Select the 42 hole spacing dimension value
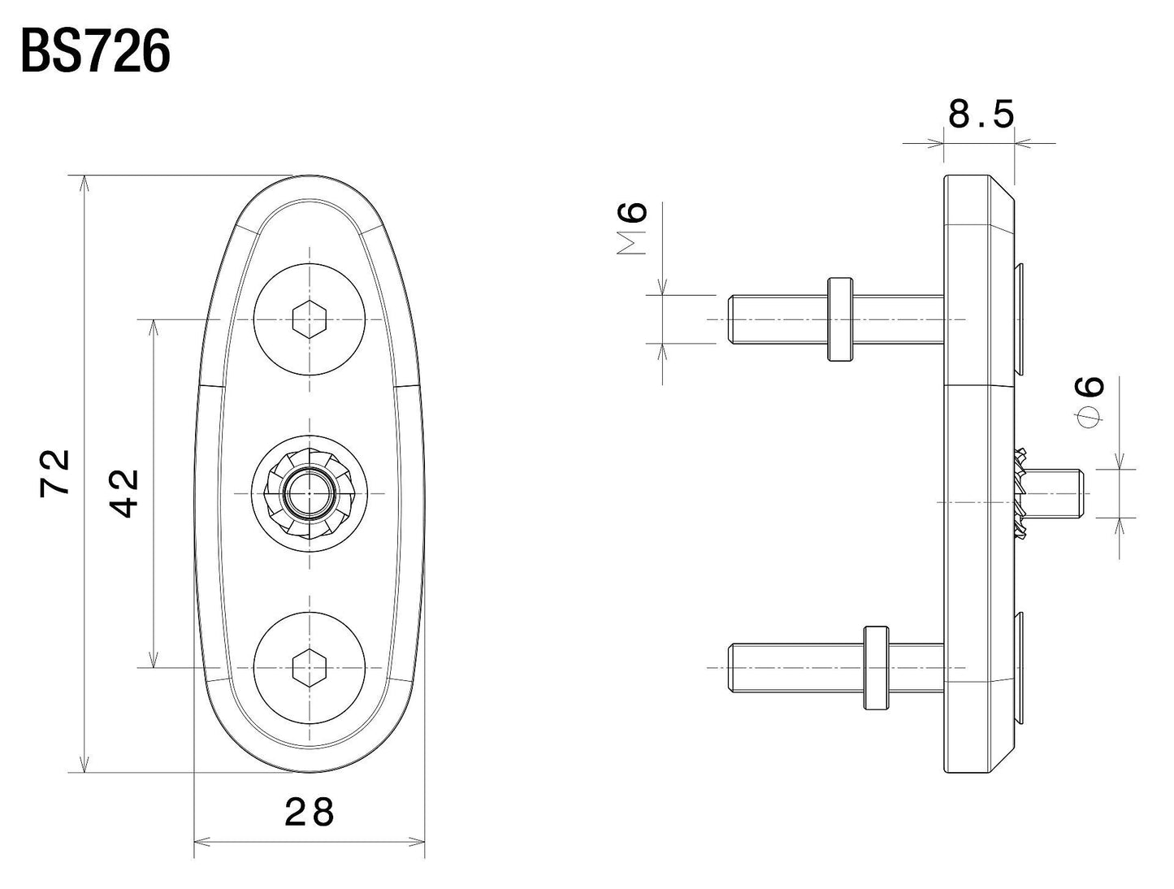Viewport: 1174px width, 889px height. [x=124, y=492]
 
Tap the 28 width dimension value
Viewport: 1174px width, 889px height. [x=310, y=812]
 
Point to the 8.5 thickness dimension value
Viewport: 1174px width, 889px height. [x=981, y=115]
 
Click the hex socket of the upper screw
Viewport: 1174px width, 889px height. [x=309, y=319]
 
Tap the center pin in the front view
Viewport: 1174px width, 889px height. [x=309, y=493]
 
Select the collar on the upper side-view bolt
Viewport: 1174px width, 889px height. [x=839, y=319]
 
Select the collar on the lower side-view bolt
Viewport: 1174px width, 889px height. [x=876, y=667]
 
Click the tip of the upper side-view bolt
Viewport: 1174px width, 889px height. [x=732, y=319]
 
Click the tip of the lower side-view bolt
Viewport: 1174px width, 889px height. [x=732, y=667]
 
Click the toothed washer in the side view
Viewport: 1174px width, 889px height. [x=1020, y=493]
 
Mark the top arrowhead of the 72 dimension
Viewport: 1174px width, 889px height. [x=83, y=183]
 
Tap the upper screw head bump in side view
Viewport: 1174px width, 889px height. [x=1019, y=319]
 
